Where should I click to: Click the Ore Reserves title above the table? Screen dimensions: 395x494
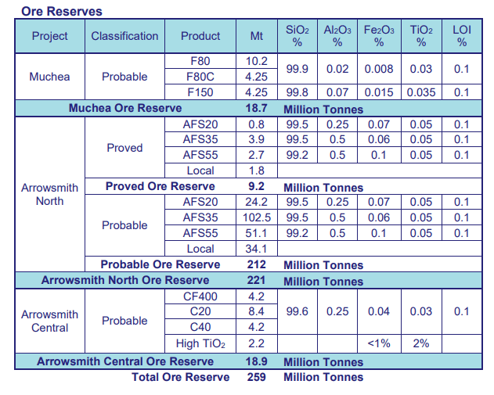pos(62,12)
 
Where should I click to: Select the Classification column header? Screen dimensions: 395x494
pos(124,36)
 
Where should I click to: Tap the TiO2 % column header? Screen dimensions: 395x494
pos(421,36)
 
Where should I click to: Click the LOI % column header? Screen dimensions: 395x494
pos(462,36)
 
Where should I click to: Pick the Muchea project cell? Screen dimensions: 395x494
pos(49,77)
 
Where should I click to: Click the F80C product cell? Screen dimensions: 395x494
pos(200,77)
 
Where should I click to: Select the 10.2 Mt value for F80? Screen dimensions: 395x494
pos(256,61)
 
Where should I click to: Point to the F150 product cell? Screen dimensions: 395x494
pos(200,92)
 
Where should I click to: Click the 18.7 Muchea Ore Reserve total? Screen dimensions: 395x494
pos(256,109)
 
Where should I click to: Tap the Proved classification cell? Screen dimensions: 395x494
pos(124,147)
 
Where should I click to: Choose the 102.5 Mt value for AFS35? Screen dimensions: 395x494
pos(256,217)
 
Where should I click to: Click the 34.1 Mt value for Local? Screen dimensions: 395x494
pos(256,249)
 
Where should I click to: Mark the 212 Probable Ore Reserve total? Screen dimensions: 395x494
pos(256,265)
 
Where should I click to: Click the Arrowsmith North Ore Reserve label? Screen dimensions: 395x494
pos(125,281)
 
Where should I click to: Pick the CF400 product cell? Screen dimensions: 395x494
pos(200,296)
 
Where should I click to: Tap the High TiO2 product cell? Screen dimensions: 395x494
pos(200,344)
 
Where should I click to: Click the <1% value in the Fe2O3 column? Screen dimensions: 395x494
pos(379,344)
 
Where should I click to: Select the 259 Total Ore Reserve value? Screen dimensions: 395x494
pos(256,377)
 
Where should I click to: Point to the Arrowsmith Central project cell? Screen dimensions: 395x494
pos(49,321)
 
